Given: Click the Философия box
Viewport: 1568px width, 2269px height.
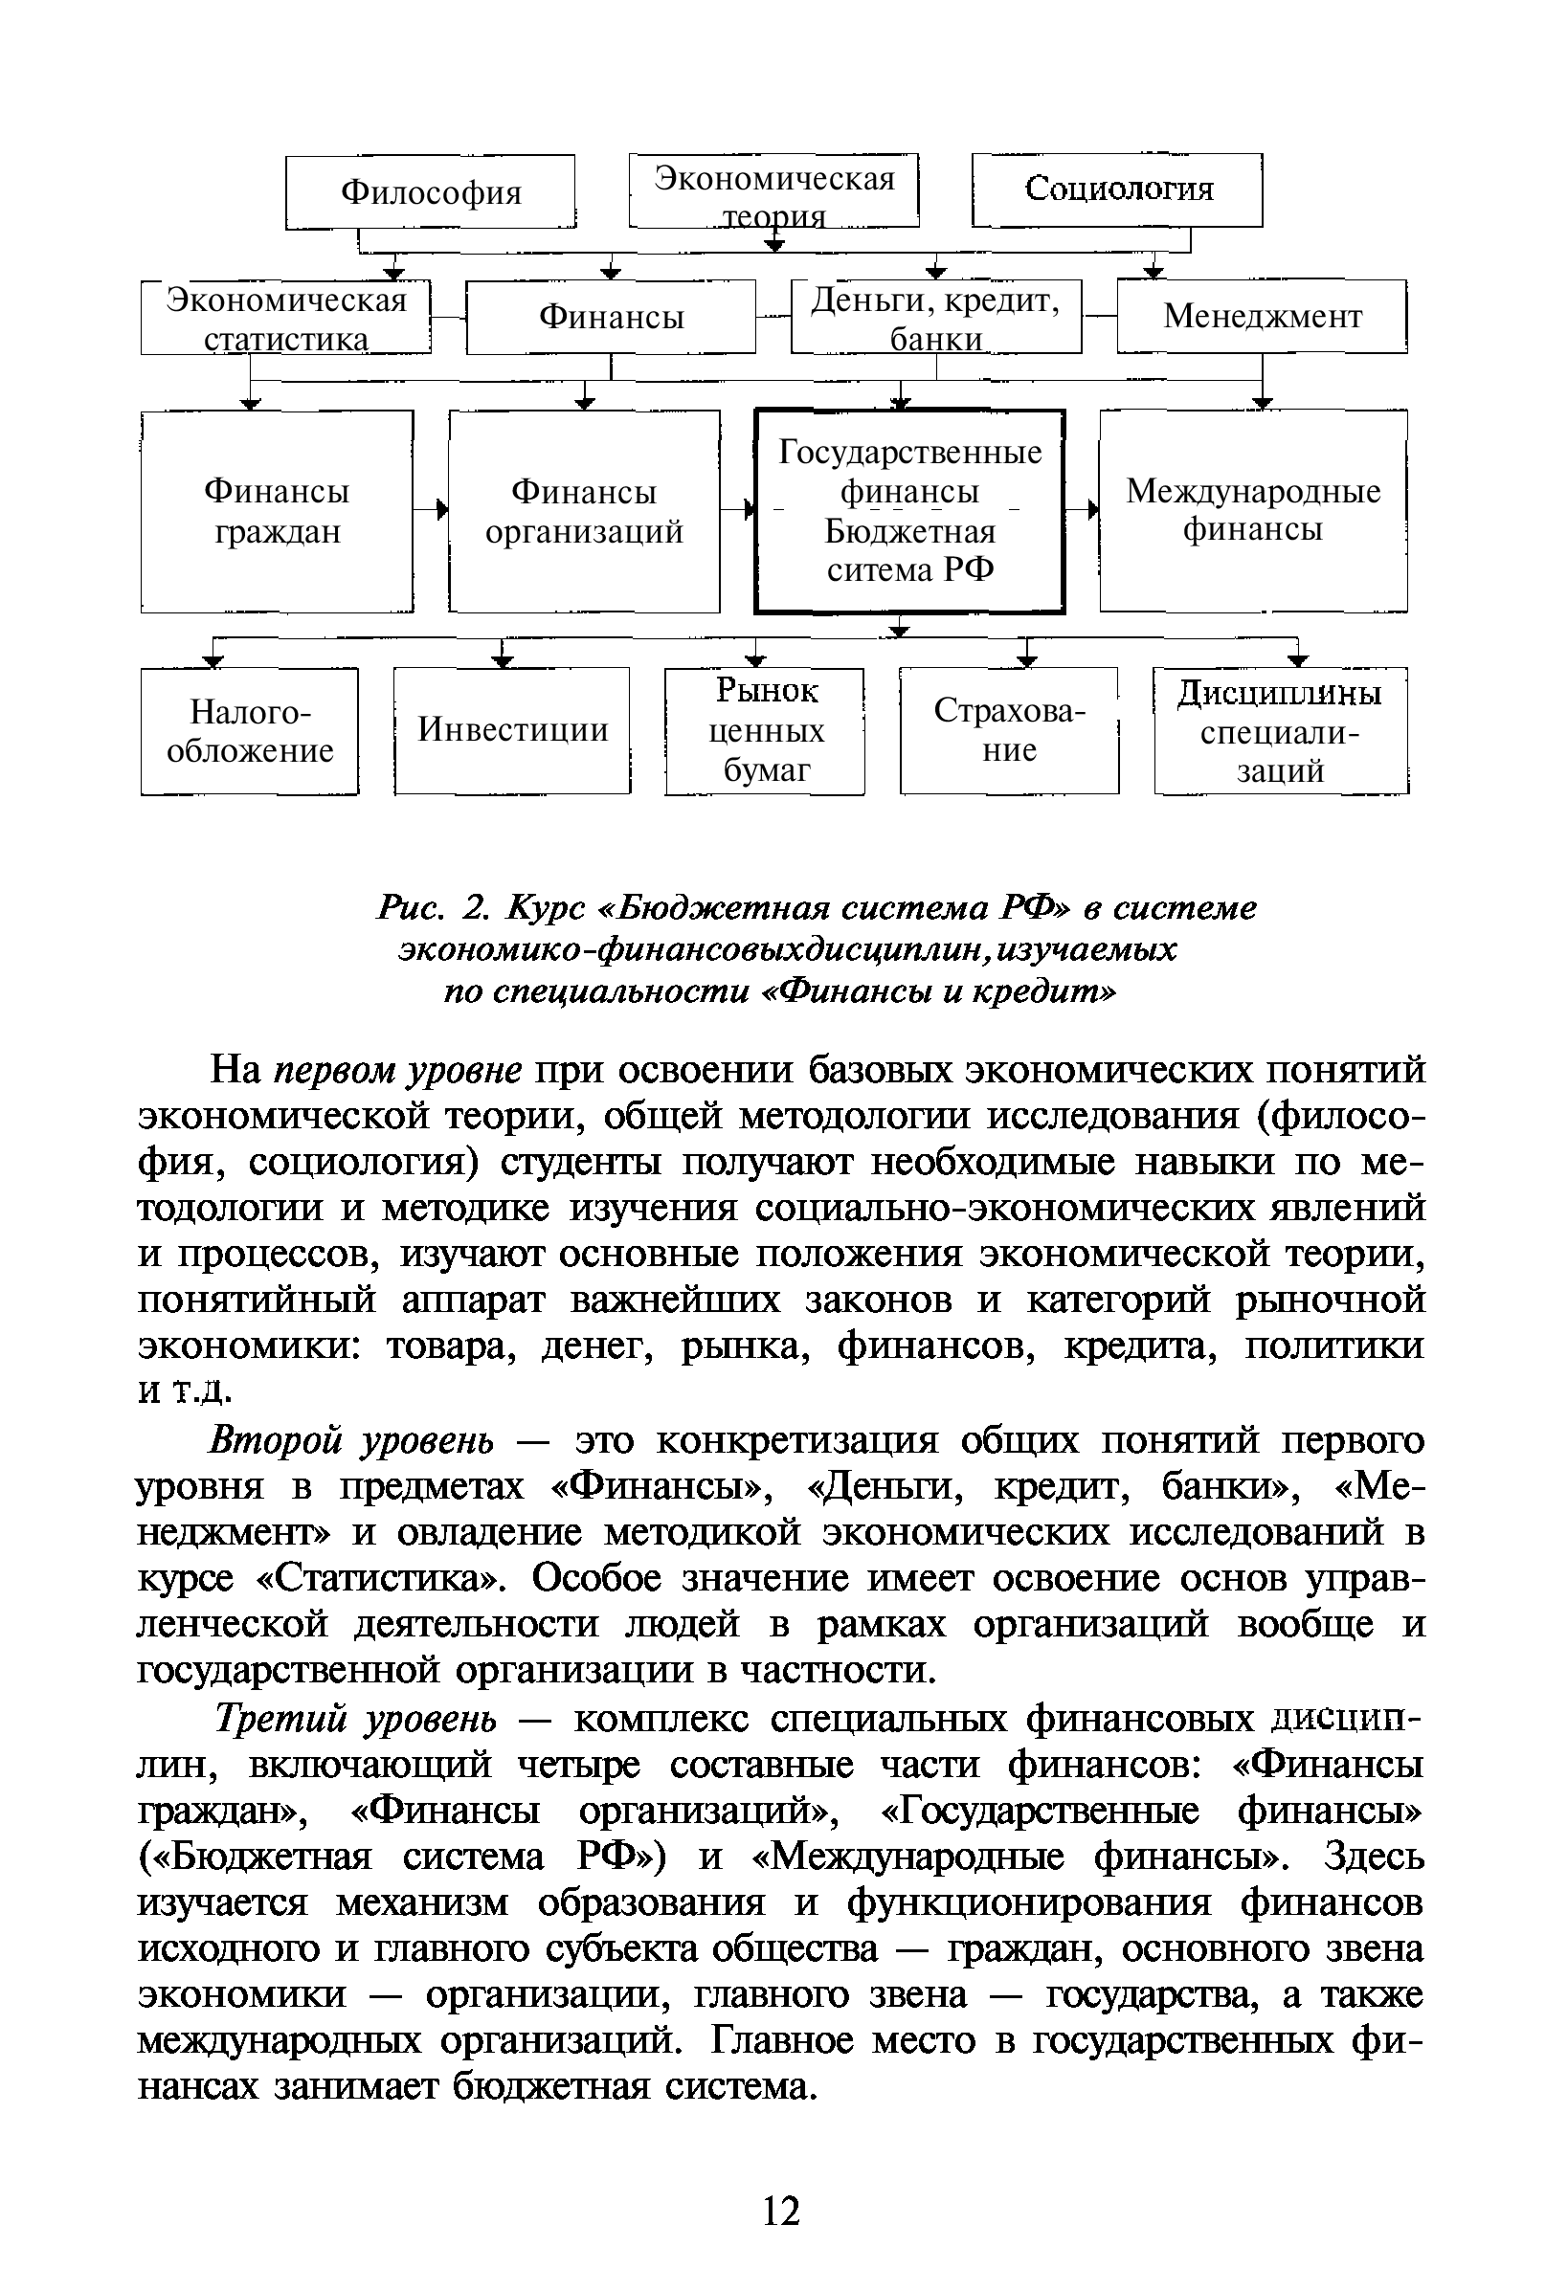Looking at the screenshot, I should coord(431,191).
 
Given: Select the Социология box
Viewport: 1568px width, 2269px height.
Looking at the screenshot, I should coord(1117,189).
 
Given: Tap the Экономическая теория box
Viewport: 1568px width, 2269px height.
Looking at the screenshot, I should coord(774,190).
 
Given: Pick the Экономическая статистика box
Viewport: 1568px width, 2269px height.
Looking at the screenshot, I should coord(286,318).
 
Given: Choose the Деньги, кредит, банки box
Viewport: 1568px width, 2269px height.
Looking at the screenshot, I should coord(935,317).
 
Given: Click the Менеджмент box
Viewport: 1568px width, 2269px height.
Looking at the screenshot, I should coord(1262,317).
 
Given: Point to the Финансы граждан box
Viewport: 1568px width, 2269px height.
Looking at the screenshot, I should coord(277,511).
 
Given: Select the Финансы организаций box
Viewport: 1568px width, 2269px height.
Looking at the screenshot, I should coord(584,511).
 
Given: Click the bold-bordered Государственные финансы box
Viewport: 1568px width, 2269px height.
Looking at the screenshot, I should coord(908,511).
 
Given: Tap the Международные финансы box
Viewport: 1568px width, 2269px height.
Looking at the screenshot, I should coord(1253,511).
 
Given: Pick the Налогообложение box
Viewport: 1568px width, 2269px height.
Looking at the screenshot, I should coord(250,731).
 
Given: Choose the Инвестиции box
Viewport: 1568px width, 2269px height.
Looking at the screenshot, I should coord(512,731).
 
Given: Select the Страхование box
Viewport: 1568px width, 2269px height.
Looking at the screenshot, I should coord(1009,731).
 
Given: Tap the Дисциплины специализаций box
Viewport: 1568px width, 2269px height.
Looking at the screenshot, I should coord(1280,731).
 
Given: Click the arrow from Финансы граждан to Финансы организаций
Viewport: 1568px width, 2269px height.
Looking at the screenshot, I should coord(432,510).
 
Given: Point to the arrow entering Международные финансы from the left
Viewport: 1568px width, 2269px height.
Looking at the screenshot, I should coord(1084,510).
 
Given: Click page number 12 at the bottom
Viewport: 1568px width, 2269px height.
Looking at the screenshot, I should coord(782,2211).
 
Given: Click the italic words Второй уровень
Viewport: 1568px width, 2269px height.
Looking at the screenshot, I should coord(351,1441).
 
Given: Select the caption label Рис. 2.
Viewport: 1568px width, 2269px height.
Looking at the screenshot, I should coord(433,907).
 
